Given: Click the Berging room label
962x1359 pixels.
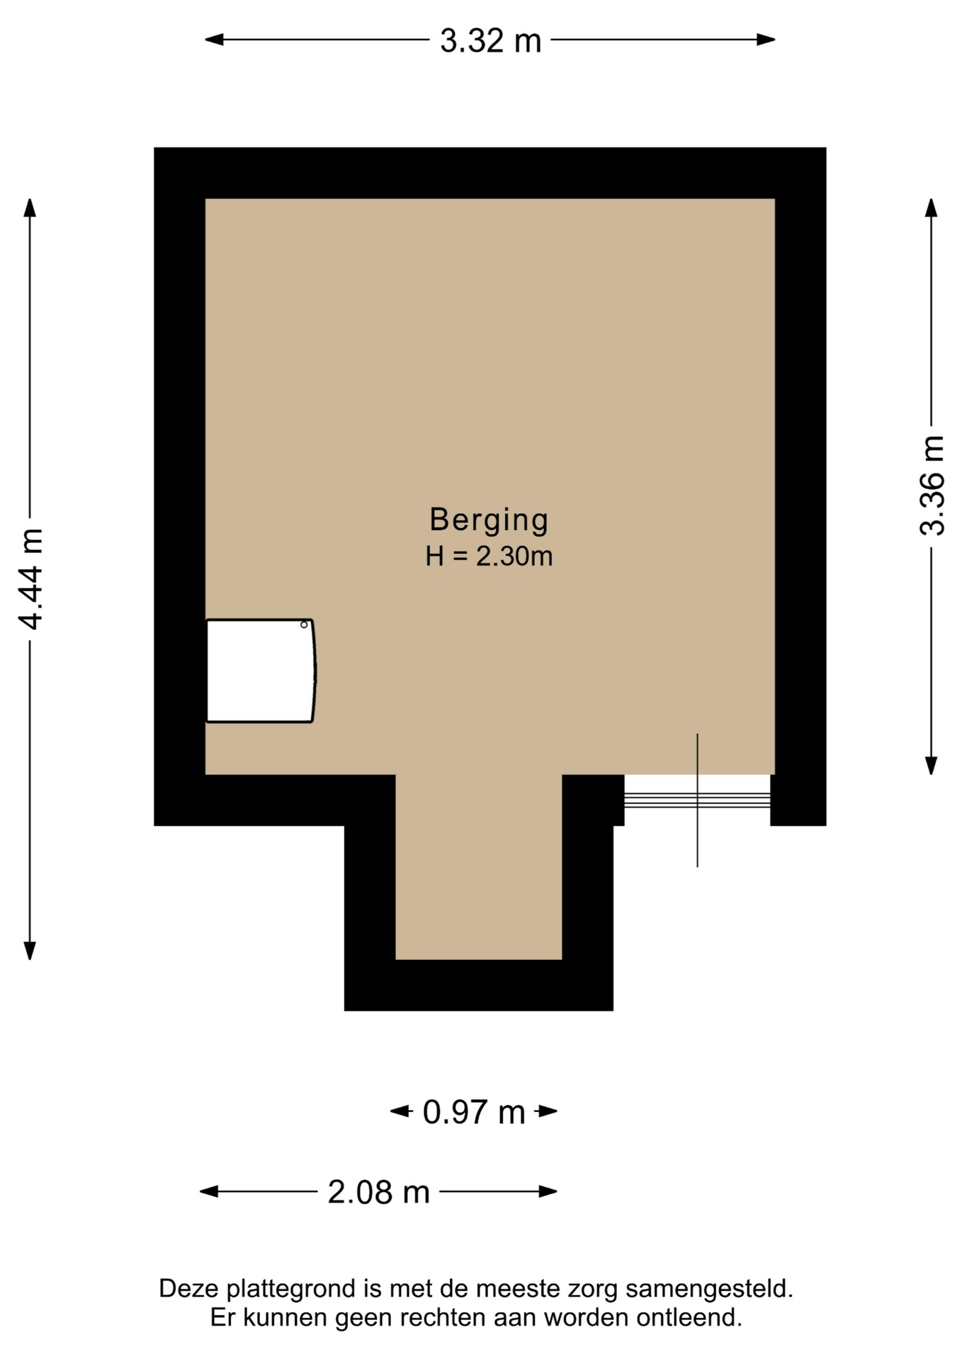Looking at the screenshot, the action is click(489, 520).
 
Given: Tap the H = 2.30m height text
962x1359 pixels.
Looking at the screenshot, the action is click(489, 556).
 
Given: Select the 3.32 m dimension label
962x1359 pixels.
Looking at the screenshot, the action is click(490, 40).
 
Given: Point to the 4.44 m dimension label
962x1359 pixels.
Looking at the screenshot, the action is click(30, 578).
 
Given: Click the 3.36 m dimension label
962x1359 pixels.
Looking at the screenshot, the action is click(932, 486).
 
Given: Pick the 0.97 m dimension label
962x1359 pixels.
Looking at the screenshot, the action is click(474, 1112).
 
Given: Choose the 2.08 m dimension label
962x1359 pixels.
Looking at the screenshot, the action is click(378, 1192).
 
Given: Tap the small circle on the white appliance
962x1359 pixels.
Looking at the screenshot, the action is click(304, 625).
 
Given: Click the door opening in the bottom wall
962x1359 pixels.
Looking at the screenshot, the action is click(697, 800).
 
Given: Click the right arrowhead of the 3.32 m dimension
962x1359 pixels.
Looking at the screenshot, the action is click(766, 40).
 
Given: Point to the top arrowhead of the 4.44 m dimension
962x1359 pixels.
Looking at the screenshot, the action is click(30, 207).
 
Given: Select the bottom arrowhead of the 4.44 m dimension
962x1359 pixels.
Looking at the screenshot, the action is click(30, 951).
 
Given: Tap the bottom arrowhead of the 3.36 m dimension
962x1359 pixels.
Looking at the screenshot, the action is click(932, 765).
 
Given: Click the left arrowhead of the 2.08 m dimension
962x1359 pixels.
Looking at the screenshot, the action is click(209, 1192).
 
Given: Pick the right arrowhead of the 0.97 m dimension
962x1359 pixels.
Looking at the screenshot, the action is click(548, 1111).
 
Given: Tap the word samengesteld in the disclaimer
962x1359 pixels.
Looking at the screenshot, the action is click(710, 1289).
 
